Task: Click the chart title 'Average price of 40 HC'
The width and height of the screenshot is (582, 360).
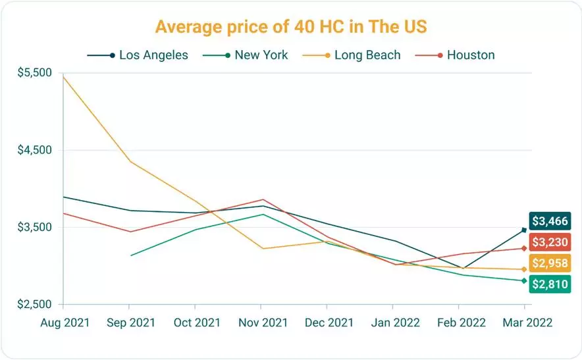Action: click(290, 27)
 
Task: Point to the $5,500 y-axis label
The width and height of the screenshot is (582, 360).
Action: click(34, 72)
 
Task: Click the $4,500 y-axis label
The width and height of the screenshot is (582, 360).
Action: click(34, 150)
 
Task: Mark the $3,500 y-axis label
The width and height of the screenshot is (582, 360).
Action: click(34, 228)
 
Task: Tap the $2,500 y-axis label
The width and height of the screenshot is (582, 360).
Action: click(34, 305)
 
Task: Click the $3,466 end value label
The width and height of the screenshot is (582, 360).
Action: click(549, 221)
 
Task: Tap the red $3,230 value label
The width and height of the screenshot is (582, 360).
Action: click(549, 242)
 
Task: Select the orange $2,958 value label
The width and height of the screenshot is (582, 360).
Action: click(549, 263)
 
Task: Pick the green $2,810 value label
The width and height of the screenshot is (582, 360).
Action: click(549, 284)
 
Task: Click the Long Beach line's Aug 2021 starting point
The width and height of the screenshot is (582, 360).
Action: click(63, 77)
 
